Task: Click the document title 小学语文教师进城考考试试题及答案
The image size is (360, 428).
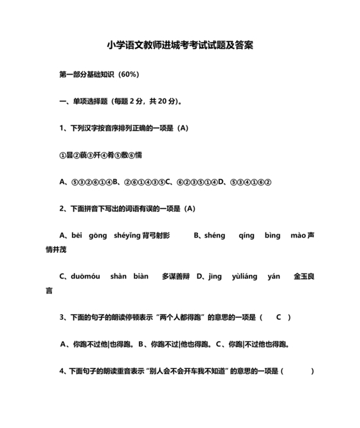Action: click(x=180, y=46)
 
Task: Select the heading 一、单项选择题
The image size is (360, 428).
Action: click(x=84, y=101)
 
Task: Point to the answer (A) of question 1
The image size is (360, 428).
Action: click(x=183, y=128)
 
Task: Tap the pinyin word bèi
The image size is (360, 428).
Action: click(x=78, y=236)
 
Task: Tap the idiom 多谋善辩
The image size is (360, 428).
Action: click(x=176, y=276)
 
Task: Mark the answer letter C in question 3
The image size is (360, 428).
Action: click(x=279, y=317)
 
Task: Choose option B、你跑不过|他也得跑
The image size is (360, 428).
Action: click(x=175, y=344)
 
